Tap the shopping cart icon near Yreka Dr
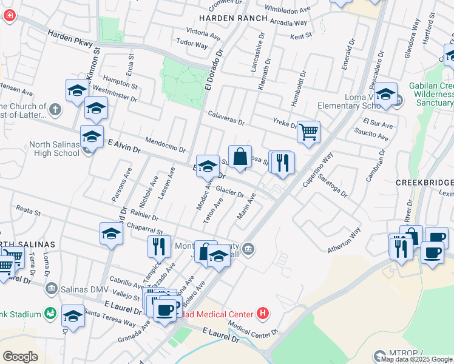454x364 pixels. [309, 131]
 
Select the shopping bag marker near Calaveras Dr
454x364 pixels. [240, 156]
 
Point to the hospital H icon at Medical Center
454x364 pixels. [262, 314]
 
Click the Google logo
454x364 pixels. [21, 357]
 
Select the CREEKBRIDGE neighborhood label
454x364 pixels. [424, 183]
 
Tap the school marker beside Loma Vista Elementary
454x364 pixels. [385, 94]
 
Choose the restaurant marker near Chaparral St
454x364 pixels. [156, 246]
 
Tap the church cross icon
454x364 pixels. [55, 110]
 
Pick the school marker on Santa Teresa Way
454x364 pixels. [73, 317]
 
